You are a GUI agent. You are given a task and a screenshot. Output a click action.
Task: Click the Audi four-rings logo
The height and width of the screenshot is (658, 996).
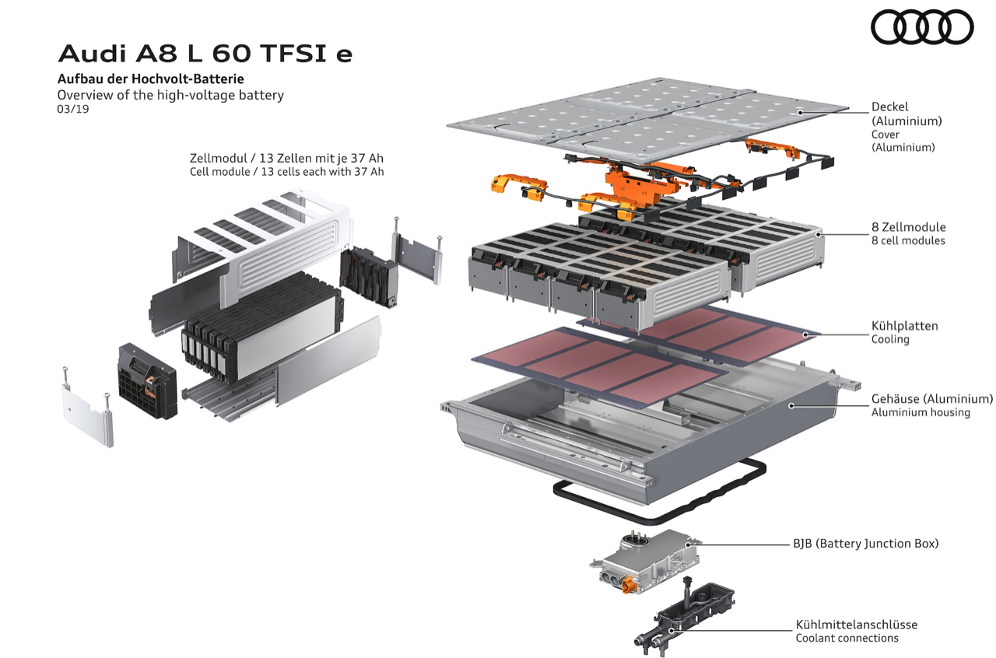tap(922, 27)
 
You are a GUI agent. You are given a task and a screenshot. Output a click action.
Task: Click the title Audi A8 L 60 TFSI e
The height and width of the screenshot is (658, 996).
tap(205, 54)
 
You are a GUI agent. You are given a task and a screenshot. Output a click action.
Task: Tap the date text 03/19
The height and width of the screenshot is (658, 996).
tap(73, 109)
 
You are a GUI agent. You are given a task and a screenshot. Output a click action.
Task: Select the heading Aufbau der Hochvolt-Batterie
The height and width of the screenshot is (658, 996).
tap(151, 79)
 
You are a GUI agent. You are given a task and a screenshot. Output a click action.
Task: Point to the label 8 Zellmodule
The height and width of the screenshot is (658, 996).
tap(908, 227)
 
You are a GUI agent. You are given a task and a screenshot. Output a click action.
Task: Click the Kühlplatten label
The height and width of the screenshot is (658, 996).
tap(904, 326)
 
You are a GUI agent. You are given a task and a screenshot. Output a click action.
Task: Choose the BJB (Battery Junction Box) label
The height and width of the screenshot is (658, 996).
tap(866, 544)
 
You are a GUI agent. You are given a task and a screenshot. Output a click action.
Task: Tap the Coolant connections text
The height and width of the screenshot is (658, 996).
tap(847, 638)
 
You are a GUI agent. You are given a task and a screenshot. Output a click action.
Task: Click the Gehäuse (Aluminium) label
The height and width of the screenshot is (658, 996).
tap(932, 399)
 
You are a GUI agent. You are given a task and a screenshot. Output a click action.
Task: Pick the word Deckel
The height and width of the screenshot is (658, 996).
tap(889, 107)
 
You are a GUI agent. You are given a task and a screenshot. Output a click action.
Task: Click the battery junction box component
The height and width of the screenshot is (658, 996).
tap(646, 562)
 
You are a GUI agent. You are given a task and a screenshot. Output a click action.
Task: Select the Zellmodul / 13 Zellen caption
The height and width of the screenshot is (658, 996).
tap(286, 158)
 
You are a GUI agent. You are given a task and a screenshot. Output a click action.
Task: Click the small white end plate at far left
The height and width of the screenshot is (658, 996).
tap(87, 407)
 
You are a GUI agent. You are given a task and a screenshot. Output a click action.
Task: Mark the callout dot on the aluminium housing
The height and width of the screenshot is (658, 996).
tap(791, 405)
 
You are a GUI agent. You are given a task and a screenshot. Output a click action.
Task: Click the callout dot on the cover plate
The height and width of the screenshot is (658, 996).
tap(799, 113)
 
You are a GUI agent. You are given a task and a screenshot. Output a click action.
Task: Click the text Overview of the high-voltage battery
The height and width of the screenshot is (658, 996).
tap(170, 95)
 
